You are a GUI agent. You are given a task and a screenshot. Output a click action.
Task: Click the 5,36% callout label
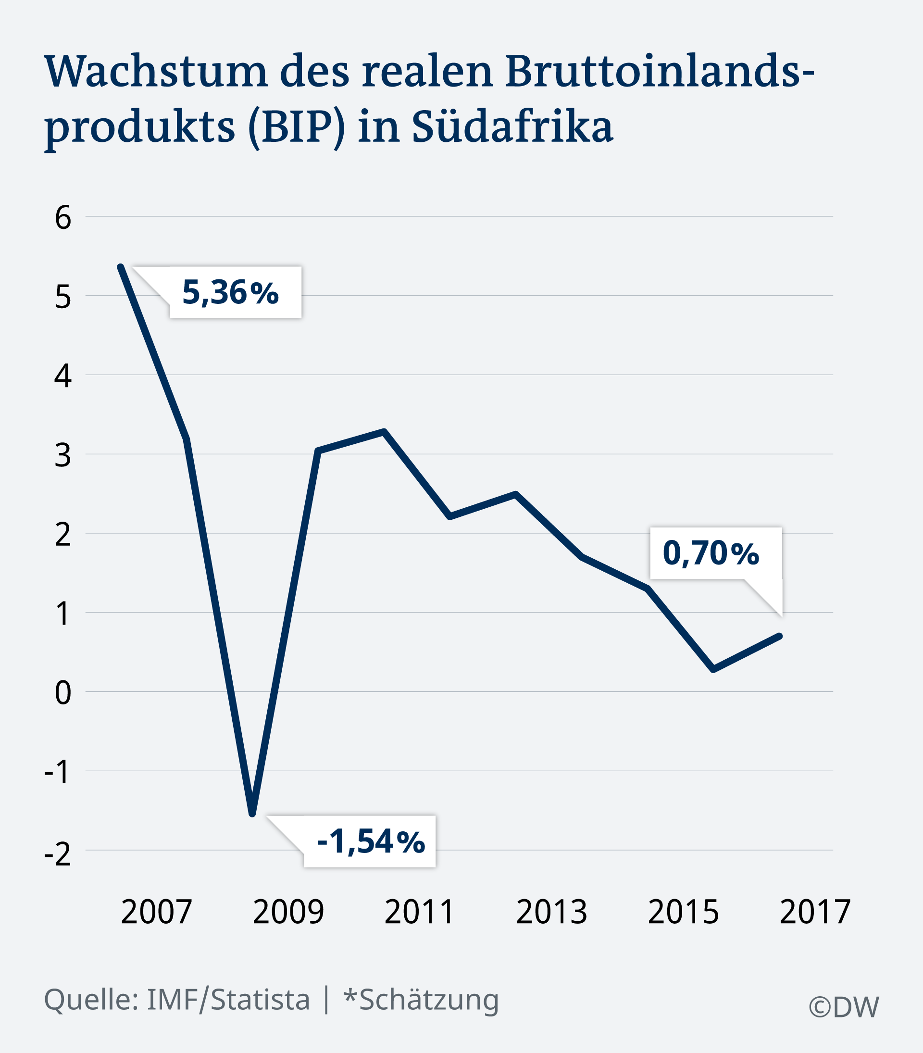230,293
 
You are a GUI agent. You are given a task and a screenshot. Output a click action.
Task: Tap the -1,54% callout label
370,841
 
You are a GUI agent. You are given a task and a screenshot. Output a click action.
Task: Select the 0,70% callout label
711,553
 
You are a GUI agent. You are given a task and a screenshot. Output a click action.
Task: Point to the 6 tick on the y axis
63,217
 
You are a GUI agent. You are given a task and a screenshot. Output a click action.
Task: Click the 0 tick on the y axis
63,692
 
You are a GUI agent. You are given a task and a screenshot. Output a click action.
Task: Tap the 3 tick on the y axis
63,455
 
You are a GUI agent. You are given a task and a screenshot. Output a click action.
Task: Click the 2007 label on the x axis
156,911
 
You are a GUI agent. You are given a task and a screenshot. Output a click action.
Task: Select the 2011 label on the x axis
419,911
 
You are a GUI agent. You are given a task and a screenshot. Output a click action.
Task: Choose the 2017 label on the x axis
815,911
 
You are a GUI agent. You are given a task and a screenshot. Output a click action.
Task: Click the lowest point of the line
252,814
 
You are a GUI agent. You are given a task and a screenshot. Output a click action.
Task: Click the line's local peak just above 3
384,431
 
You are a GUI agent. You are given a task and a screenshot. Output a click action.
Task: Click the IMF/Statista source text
228,1000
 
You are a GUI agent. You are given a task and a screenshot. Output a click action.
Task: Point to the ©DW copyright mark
844,1007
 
